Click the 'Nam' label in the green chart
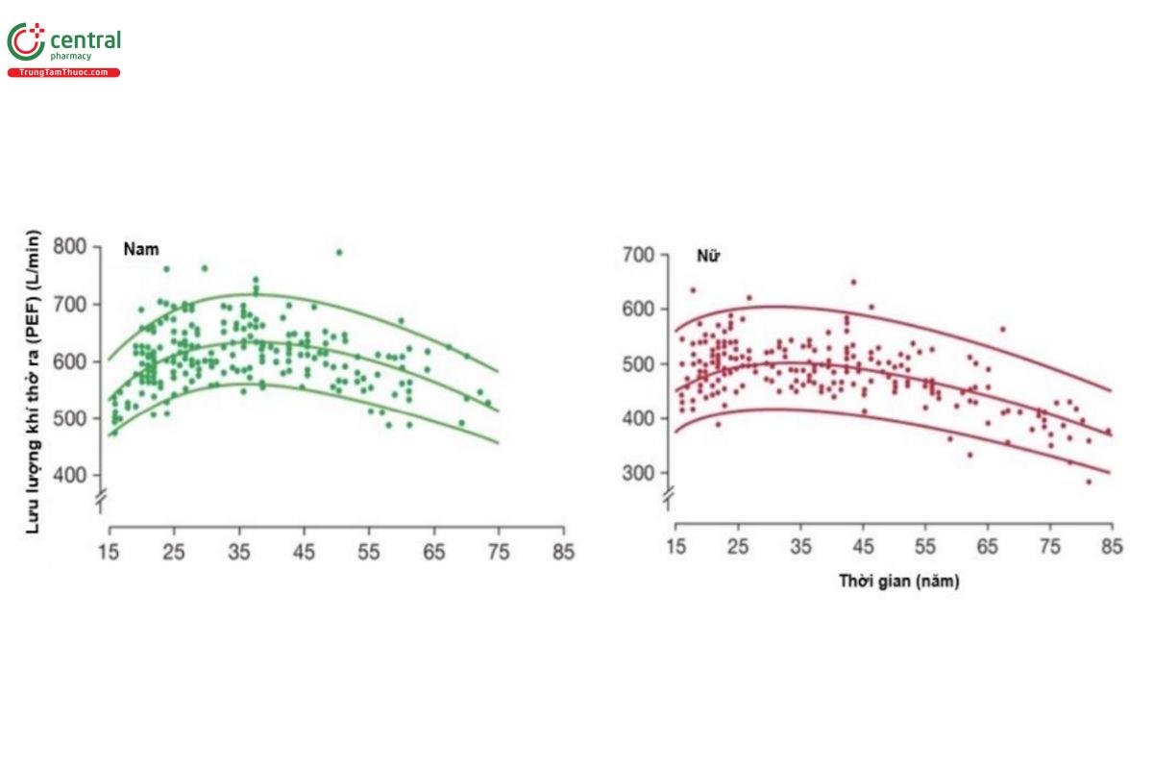pos(140,249)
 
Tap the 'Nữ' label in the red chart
pos(707,258)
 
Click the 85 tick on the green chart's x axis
pos(563,553)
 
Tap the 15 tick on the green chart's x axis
pos(110,553)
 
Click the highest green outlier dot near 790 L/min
pos(339,252)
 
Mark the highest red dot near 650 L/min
pos(853,283)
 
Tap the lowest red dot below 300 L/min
pos(1089,482)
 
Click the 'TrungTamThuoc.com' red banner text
pos(63,73)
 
